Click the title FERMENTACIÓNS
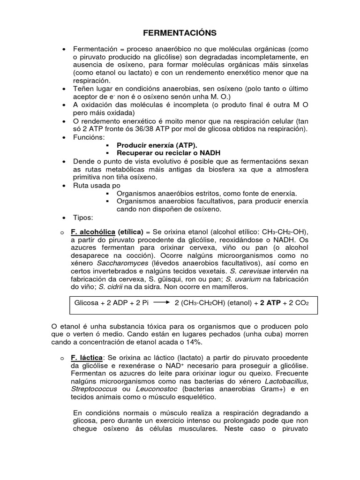tap(180, 33)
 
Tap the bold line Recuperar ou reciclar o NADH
tap(162, 153)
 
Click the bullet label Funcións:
tap(89, 137)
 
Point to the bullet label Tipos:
tap(83, 218)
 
